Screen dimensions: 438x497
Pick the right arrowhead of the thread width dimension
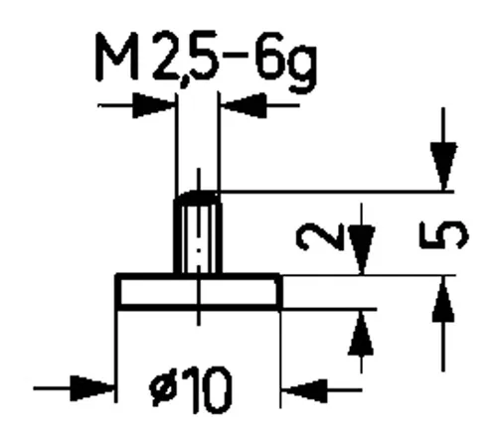click(x=243, y=102)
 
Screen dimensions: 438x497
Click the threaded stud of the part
click(x=199, y=234)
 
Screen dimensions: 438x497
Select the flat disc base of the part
click(x=199, y=291)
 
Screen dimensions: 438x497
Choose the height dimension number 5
click(x=449, y=234)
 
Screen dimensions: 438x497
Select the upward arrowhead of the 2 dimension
click(x=363, y=333)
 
